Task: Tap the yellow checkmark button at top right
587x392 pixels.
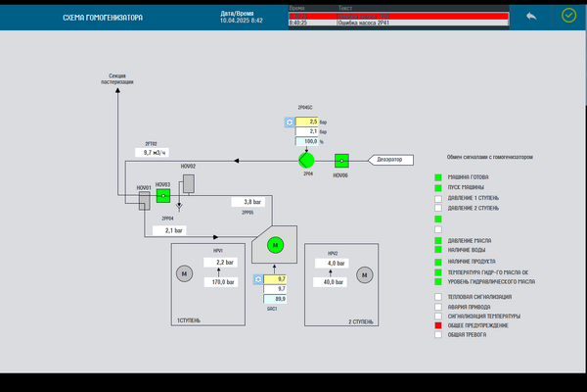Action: coord(569,16)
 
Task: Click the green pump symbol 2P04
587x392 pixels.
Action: coord(306,159)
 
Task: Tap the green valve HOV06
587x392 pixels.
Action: coord(341,160)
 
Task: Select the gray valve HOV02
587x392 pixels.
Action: coord(188,182)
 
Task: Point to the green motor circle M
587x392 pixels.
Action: coord(275,245)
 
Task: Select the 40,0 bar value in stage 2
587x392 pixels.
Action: coord(333,282)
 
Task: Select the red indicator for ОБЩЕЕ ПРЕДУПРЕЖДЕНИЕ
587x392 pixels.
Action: coord(438,325)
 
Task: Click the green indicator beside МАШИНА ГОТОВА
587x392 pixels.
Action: coord(438,177)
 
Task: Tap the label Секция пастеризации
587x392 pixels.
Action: coord(117,79)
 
